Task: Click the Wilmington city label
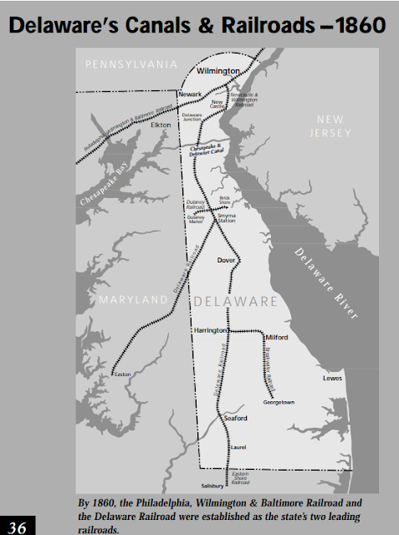tap(217, 72)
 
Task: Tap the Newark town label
tap(190, 94)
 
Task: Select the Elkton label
tap(161, 125)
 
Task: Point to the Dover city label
tap(226, 260)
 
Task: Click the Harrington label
tap(211, 330)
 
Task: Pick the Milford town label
tap(277, 337)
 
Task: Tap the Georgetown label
tap(279, 402)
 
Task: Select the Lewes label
tap(333, 379)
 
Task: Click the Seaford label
tap(237, 418)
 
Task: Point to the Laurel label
tap(238, 447)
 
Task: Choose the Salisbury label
tap(213, 486)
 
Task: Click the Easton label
tap(122, 374)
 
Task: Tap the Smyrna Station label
tap(227, 219)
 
